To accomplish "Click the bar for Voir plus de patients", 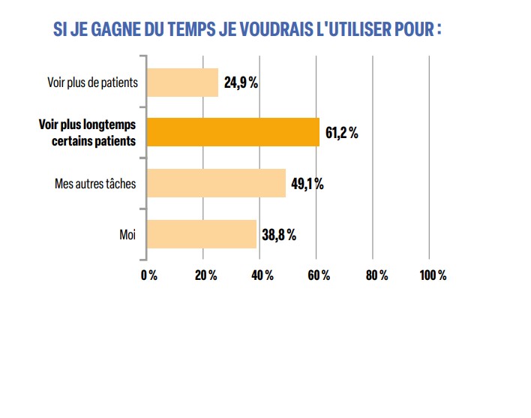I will (x=182, y=83).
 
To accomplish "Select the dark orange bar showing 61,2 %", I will (x=232, y=133).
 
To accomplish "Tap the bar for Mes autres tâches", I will (x=216, y=183).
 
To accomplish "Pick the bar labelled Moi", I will (x=201, y=234).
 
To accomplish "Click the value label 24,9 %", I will (x=241, y=83).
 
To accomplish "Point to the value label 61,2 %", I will (x=342, y=134).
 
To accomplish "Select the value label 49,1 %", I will (x=307, y=184).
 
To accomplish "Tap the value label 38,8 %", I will (x=278, y=235).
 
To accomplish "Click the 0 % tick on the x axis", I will (x=148, y=275).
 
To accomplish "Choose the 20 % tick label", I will (x=205, y=275).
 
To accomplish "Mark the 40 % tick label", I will (x=262, y=275).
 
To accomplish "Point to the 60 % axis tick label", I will (x=318, y=275).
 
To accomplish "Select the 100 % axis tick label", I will (x=432, y=275).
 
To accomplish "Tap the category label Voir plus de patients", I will (x=92, y=83).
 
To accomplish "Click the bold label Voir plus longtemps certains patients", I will (x=87, y=133).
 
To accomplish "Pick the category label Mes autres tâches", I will (x=95, y=183).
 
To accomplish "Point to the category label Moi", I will (x=127, y=234).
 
